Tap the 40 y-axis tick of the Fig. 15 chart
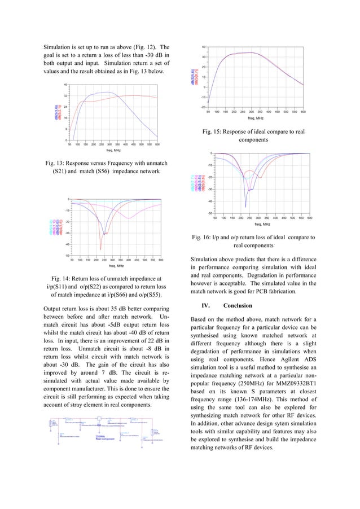tap(204, 47)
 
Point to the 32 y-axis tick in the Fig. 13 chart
tap(66, 96)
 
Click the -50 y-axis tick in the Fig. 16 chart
tap(210, 213)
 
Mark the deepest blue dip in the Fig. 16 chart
tap(245, 207)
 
